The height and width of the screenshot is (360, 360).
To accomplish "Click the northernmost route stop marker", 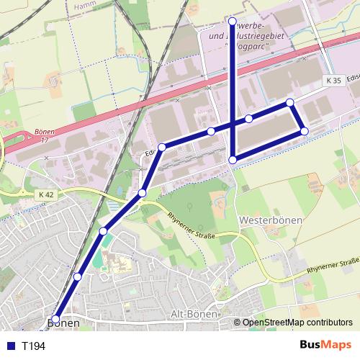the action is tap(232, 21).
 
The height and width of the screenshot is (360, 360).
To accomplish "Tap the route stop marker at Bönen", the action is tap(55, 318).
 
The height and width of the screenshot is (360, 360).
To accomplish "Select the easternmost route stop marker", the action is tap(305, 131).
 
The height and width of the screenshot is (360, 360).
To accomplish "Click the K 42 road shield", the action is tap(46, 194).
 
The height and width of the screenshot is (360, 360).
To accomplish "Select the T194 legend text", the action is tap(34, 346).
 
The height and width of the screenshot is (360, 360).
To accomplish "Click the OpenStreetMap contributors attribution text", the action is tap(297, 323).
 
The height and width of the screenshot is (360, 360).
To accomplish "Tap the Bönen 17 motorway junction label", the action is tap(45, 136).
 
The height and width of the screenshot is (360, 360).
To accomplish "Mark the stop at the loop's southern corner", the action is tap(233, 159).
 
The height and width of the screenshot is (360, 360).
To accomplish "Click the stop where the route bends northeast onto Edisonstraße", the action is tap(162, 147).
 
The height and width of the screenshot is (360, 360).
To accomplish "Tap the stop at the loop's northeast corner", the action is tap(289, 103).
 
